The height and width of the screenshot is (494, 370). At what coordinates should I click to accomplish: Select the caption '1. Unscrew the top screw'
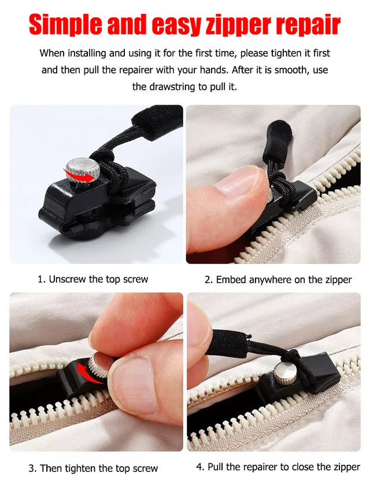tap(92, 279)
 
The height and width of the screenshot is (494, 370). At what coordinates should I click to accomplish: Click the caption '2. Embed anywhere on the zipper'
tap(278, 280)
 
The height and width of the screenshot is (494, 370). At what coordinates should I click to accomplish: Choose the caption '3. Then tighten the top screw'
tap(93, 468)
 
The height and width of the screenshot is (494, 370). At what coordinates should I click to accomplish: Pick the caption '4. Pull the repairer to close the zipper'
tap(278, 467)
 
